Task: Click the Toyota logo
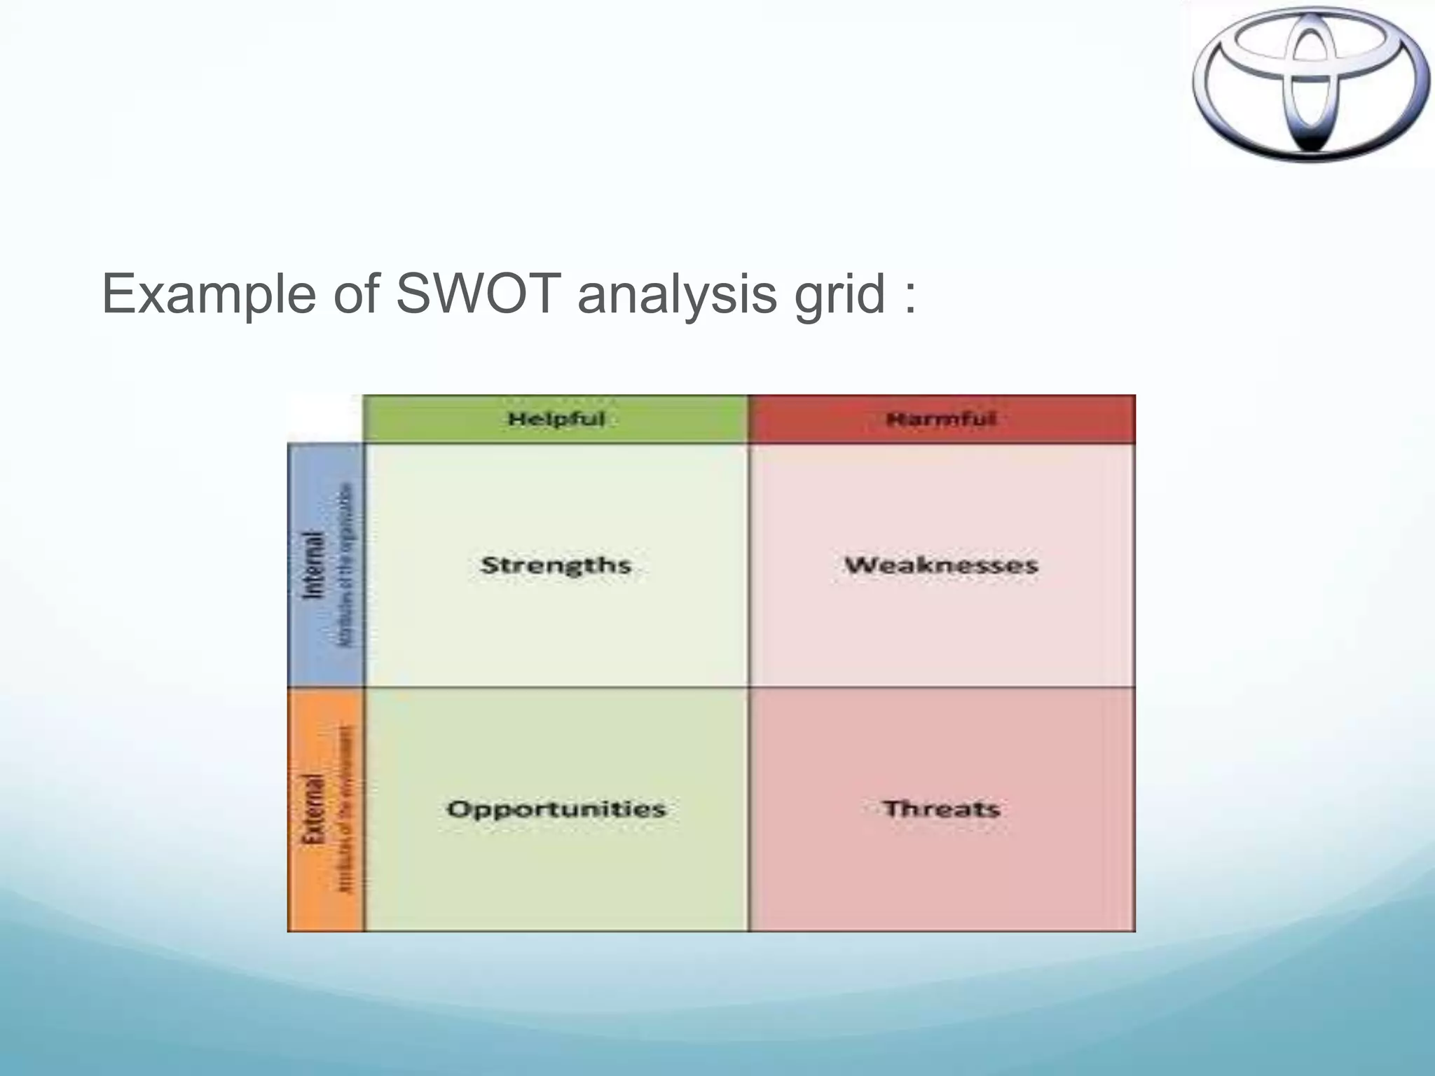1310,84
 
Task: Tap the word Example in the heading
209,294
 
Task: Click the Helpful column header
556,419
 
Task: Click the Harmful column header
941,419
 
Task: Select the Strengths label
556,565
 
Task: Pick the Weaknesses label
941,565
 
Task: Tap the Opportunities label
556,808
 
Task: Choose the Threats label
941,808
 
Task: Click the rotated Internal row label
313,565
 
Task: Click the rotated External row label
313,808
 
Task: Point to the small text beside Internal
347,565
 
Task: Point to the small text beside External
347,808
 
